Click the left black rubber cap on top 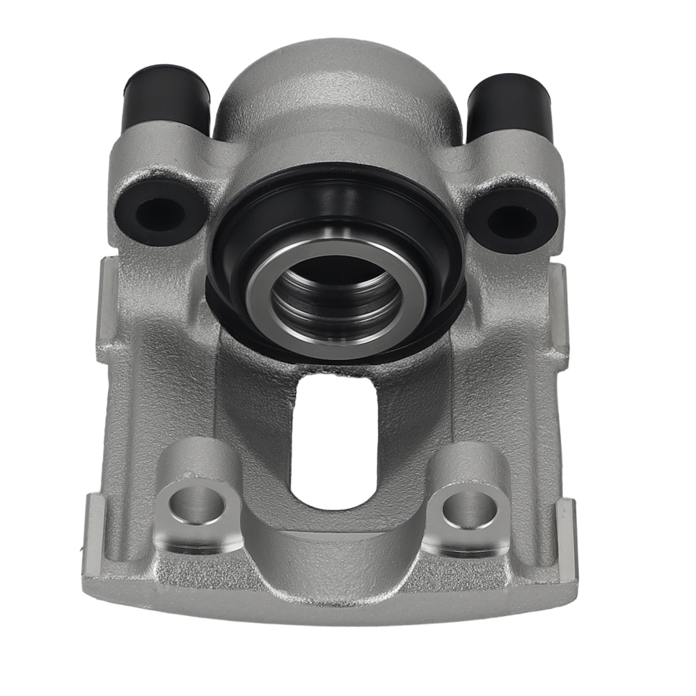pos(166,97)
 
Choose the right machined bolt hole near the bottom pos(470,509)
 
